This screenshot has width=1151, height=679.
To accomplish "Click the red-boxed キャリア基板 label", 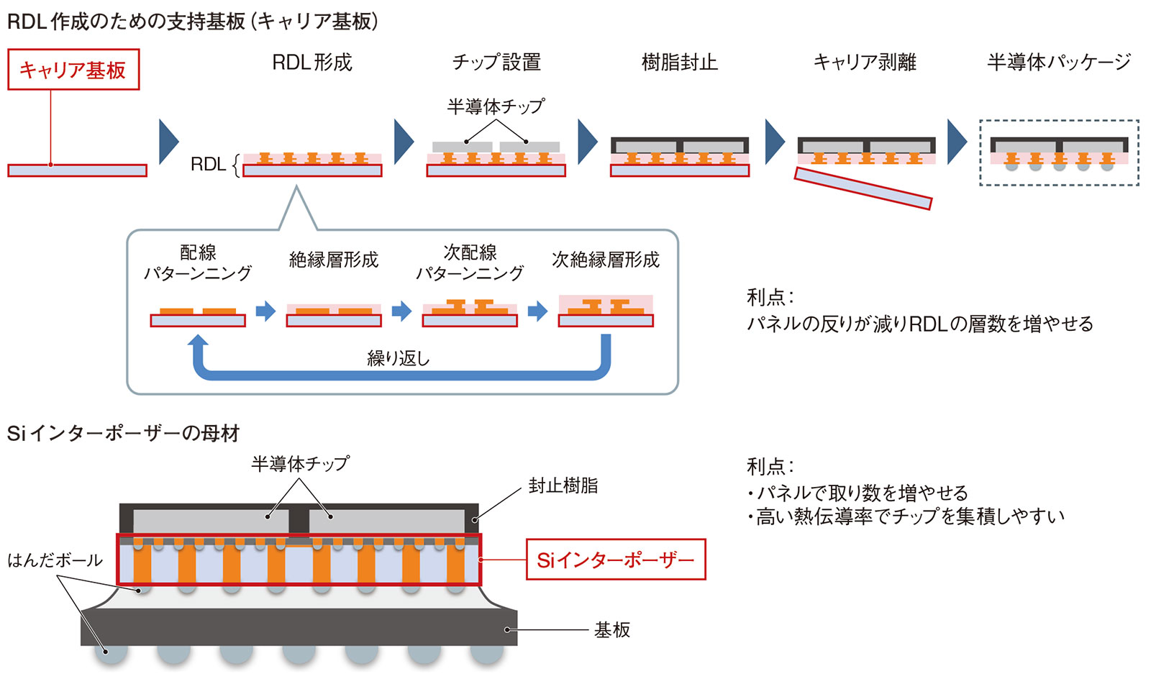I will click(73, 70).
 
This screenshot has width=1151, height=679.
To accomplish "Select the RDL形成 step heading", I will click(312, 63).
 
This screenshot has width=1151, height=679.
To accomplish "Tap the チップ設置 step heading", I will click(496, 63).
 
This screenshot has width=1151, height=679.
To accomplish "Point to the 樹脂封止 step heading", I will click(679, 63).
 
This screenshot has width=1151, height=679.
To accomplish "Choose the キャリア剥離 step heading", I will click(865, 63).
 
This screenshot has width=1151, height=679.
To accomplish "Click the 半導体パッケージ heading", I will click(1058, 63).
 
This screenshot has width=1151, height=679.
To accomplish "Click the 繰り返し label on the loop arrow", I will click(398, 358).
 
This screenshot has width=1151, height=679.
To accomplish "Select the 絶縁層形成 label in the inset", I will click(333, 260).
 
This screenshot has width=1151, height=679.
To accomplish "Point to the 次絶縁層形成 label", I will click(605, 260).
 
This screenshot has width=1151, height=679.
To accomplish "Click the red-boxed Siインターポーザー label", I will click(616, 560).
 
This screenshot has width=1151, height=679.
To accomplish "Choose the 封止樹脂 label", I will click(563, 486).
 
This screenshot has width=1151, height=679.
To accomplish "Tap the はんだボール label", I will click(55, 560).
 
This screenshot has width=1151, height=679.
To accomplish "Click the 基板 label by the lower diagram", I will click(612, 630).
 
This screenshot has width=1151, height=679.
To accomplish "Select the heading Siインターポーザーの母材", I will click(123, 433).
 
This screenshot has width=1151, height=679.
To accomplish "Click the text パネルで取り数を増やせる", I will click(862, 493).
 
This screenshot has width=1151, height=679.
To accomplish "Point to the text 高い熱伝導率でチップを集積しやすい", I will click(909, 516).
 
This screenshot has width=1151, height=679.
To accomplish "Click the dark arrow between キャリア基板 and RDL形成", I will click(168, 142).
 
